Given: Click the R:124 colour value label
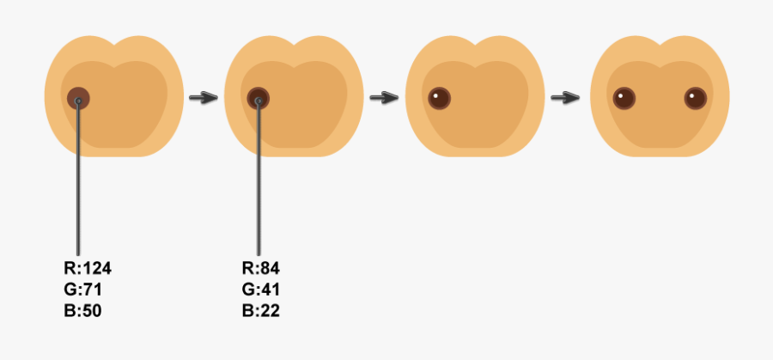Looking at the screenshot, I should click(x=88, y=268).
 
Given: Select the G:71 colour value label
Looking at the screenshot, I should click(x=83, y=290).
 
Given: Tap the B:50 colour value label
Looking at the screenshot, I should click(x=83, y=310).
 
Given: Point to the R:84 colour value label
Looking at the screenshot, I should click(x=261, y=268).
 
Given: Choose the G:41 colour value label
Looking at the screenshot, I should click(x=261, y=290).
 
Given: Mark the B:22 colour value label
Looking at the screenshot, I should click(x=261, y=310).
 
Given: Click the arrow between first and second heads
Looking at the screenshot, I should click(x=203, y=97).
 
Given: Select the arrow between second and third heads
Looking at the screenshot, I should click(x=383, y=97).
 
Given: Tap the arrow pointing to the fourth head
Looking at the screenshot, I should click(x=563, y=97).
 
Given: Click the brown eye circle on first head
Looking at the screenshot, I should click(x=78, y=99).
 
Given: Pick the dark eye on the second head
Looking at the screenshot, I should click(x=258, y=99).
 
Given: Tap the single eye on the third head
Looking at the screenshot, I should click(x=439, y=98).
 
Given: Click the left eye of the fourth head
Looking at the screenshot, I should click(x=621, y=98).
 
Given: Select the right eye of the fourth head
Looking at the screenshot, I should click(x=695, y=98).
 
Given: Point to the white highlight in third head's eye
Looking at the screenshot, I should click(x=435, y=95).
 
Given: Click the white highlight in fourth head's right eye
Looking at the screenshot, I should click(x=691, y=95).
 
